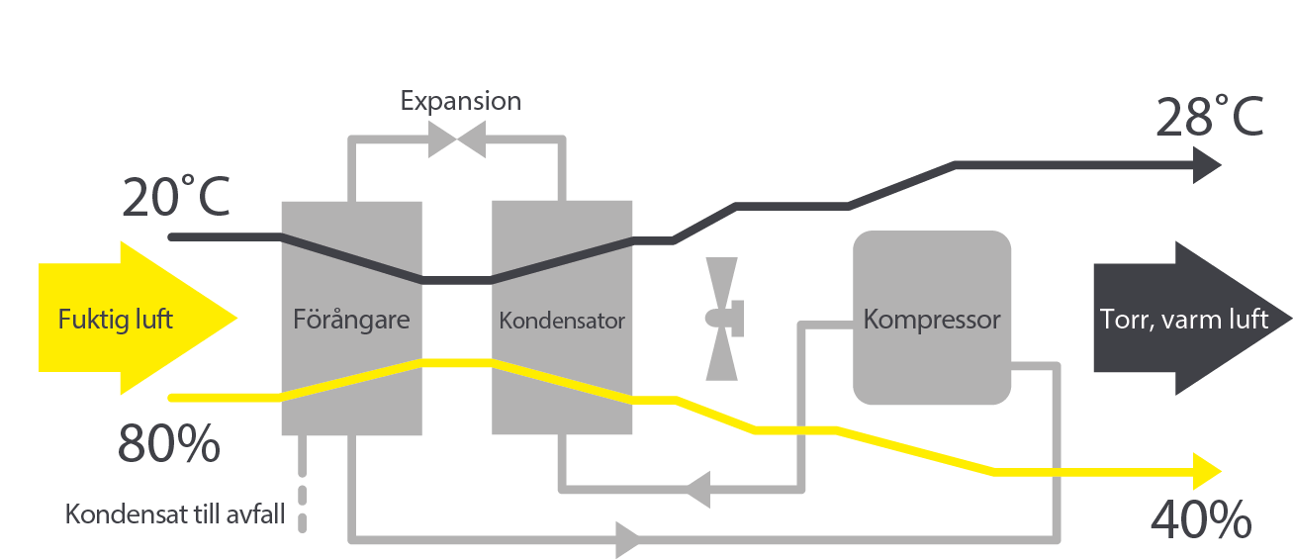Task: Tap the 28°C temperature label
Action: pyautogui.click(x=1209, y=117)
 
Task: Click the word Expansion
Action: pyautogui.click(x=460, y=101)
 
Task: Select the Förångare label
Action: pyautogui.click(x=351, y=320)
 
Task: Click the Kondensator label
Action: pyautogui.click(x=562, y=321)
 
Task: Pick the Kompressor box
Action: pyautogui.click(x=931, y=319)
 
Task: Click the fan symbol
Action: pyautogui.click(x=723, y=319)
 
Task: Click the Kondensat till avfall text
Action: pyautogui.click(x=174, y=515)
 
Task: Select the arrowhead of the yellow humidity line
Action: pyautogui.click(x=1208, y=471)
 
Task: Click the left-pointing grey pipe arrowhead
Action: pyautogui.click(x=698, y=487)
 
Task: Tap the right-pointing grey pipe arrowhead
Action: pyautogui.click(x=628, y=540)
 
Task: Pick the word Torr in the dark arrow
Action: pyautogui.click(x=1119, y=320)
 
